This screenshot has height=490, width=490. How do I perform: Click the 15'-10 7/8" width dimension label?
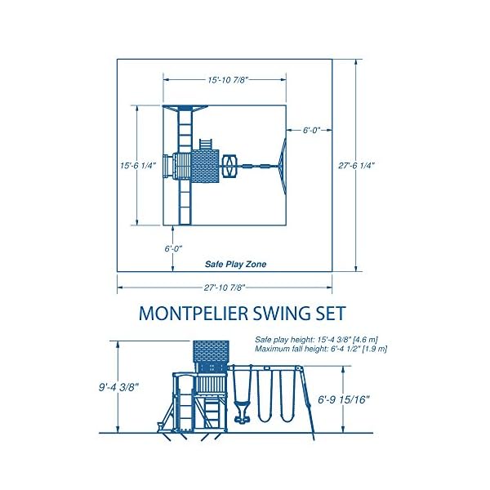(228, 80)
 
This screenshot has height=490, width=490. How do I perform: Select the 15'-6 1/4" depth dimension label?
(138, 165)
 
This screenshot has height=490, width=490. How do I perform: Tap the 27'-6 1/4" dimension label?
(356, 165)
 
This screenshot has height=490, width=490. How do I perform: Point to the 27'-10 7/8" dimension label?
(225, 287)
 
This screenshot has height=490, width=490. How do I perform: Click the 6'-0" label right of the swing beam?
(312, 130)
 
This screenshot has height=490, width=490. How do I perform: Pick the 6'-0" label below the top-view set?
(173, 249)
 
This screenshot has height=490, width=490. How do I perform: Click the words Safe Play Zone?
(236, 265)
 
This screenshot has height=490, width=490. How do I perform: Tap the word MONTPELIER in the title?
(193, 313)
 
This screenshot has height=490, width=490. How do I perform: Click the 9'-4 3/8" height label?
(118, 387)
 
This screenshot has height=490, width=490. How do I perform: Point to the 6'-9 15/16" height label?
(344, 399)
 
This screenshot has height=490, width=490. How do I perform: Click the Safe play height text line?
(316, 340)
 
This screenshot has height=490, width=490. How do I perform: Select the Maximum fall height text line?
(321, 349)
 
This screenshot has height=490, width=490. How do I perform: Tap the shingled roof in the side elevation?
(211, 351)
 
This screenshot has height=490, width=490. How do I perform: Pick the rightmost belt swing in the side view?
(287, 396)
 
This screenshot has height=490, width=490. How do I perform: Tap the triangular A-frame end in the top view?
(283, 167)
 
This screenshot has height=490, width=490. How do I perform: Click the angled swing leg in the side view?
(308, 403)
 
